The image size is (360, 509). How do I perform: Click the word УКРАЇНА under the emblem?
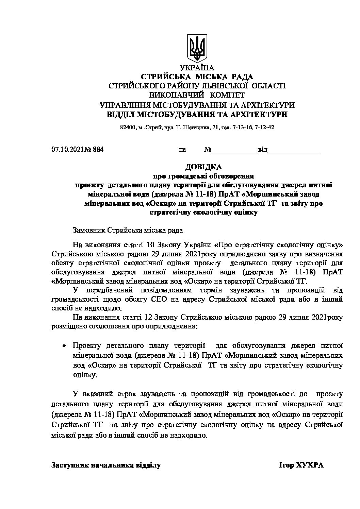(x=197, y=68)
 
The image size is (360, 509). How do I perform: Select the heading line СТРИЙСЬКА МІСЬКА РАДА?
(x=197, y=77)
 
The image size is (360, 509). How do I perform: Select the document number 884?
(x=98, y=149)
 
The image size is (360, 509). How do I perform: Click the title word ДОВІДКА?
(x=203, y=167)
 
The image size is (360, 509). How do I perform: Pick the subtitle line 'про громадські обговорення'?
(x=203, y=176)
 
